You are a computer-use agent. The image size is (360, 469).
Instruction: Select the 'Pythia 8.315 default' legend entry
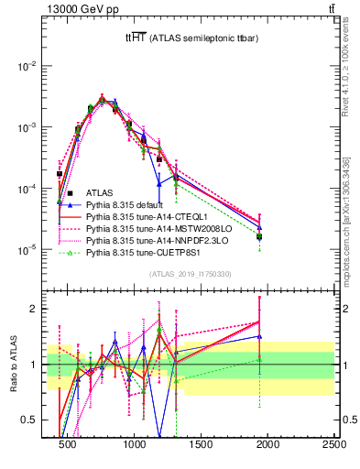[x=124, y=205]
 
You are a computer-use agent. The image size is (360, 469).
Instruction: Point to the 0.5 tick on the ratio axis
[x=32, y=420]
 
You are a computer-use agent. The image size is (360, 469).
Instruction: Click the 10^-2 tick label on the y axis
[x=28, y=66]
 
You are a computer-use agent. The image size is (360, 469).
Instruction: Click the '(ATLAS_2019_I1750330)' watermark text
[x=189, y=274]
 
